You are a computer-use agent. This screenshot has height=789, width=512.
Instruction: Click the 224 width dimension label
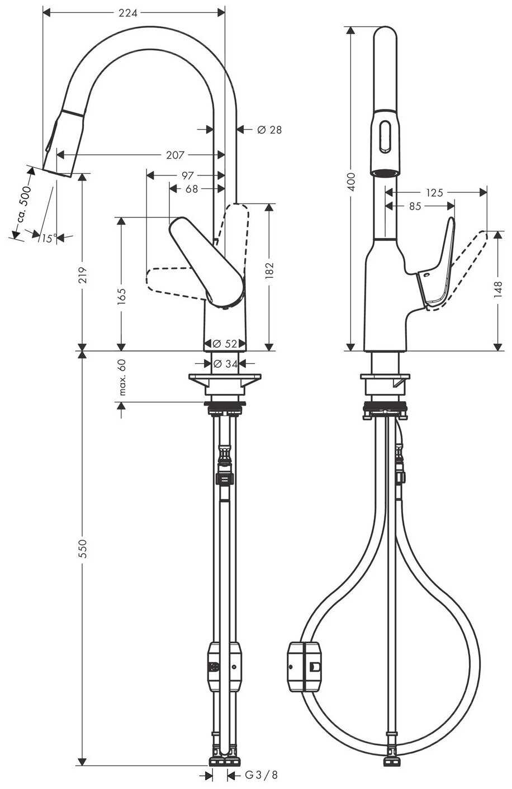[127, 13]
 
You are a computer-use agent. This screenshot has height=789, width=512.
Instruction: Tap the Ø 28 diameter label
[269, 130]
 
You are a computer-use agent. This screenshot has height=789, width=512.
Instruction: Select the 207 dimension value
[175, 155]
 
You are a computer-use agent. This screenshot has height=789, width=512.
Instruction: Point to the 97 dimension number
[187, 175]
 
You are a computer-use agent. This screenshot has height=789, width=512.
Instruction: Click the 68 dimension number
[192, 189]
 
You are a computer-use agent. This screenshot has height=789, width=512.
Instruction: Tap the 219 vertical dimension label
[83, 275]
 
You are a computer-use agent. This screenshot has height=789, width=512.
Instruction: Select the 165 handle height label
[121, 296]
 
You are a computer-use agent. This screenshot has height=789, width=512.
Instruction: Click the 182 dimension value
[269, 270]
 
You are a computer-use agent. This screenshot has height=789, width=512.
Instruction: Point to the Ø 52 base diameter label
[225, 343]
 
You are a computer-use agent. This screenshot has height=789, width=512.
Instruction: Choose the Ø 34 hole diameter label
[226, 363]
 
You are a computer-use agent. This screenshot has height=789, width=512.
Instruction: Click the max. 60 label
[122, 377]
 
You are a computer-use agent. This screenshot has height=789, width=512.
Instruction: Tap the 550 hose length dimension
[83, 548]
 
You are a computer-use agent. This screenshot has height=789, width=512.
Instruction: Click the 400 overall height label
[351, 182]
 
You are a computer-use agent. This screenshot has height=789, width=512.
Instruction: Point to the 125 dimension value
[434, 193]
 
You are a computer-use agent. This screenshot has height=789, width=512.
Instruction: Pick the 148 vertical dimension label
[498, 289]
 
